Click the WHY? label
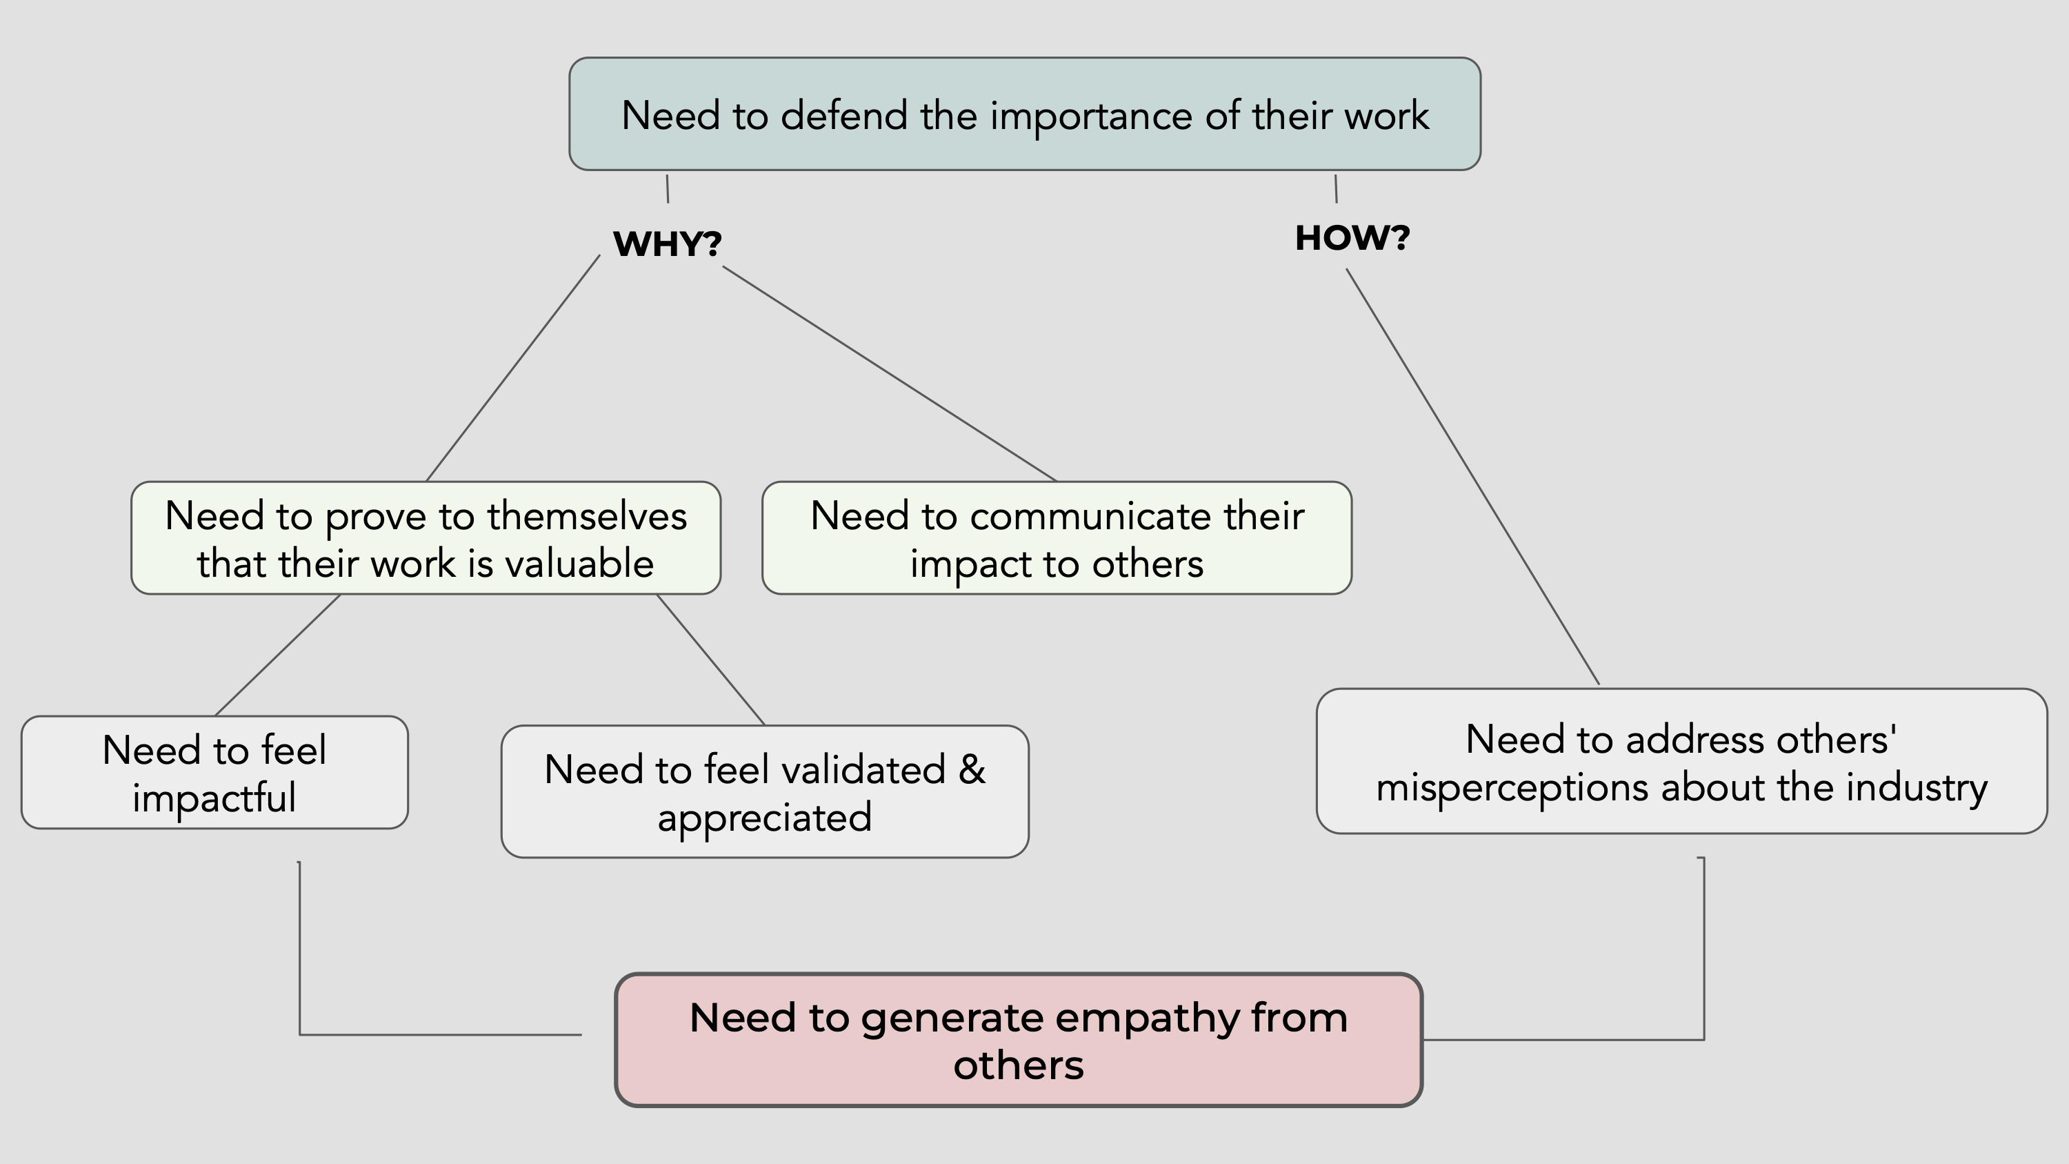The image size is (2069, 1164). coord(667,244)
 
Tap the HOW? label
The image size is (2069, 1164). coord(1352,239)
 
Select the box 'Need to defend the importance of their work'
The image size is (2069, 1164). coord(1024,114)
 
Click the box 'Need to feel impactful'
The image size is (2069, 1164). coord(214,773)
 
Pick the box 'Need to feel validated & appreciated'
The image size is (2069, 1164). coord(765,792)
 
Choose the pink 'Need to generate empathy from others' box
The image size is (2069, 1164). coord(1019,1040)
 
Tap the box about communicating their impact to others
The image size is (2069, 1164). coord(1056,538)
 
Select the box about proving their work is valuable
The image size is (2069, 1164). coord(426,538)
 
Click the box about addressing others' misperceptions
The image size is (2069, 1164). coord(1681,762)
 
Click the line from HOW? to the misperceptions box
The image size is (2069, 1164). coord(1473,477)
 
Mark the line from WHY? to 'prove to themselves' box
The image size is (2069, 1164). coord(512,368)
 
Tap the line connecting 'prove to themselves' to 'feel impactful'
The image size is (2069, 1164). coord(278,655)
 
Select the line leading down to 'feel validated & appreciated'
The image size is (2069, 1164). coord(711,660)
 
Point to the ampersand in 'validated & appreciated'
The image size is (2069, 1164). coord(971,769)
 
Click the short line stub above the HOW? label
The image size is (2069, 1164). coord(1336,189)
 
